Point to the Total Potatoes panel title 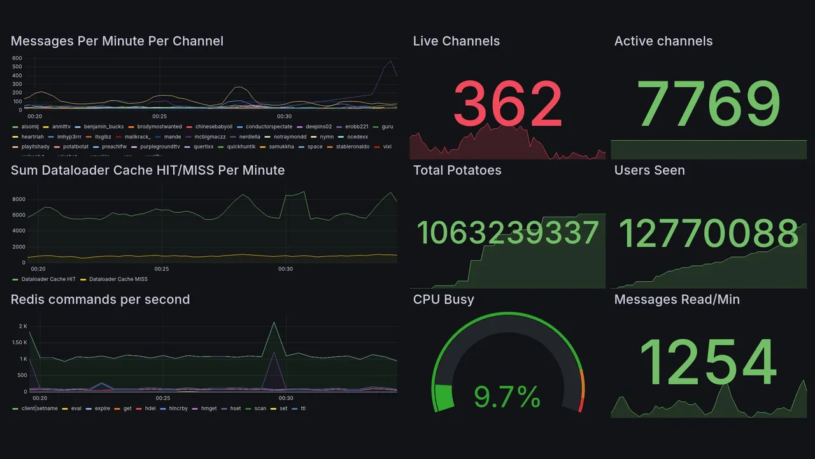pyautogui.click(x=457, y=170)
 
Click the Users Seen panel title pyautogui.click(x=649, y=170)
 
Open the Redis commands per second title pyautogui.click(x=100, y=300)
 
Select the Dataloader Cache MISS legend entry pyautogui.click(x=118, y=279)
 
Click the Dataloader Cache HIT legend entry pyautogui.click(x=48, y=279)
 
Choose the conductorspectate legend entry pyautogui.click(x=269, y=127)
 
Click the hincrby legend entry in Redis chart pyautogui.click(x=178, y=409)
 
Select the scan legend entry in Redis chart pyautogui.click(x=260, y=409)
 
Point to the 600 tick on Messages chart pyautogui.click(x=17, y=59)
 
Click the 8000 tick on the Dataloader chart pyautogui.click(x=18, y=200)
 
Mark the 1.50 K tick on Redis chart pyautogui.click(x=19, y=343)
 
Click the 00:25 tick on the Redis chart pyautogui.click(x=162, y=398)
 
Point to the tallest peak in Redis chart pyautogui.click(x=274, y=323)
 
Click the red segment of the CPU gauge pyautogui.click(x=580, y=405)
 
